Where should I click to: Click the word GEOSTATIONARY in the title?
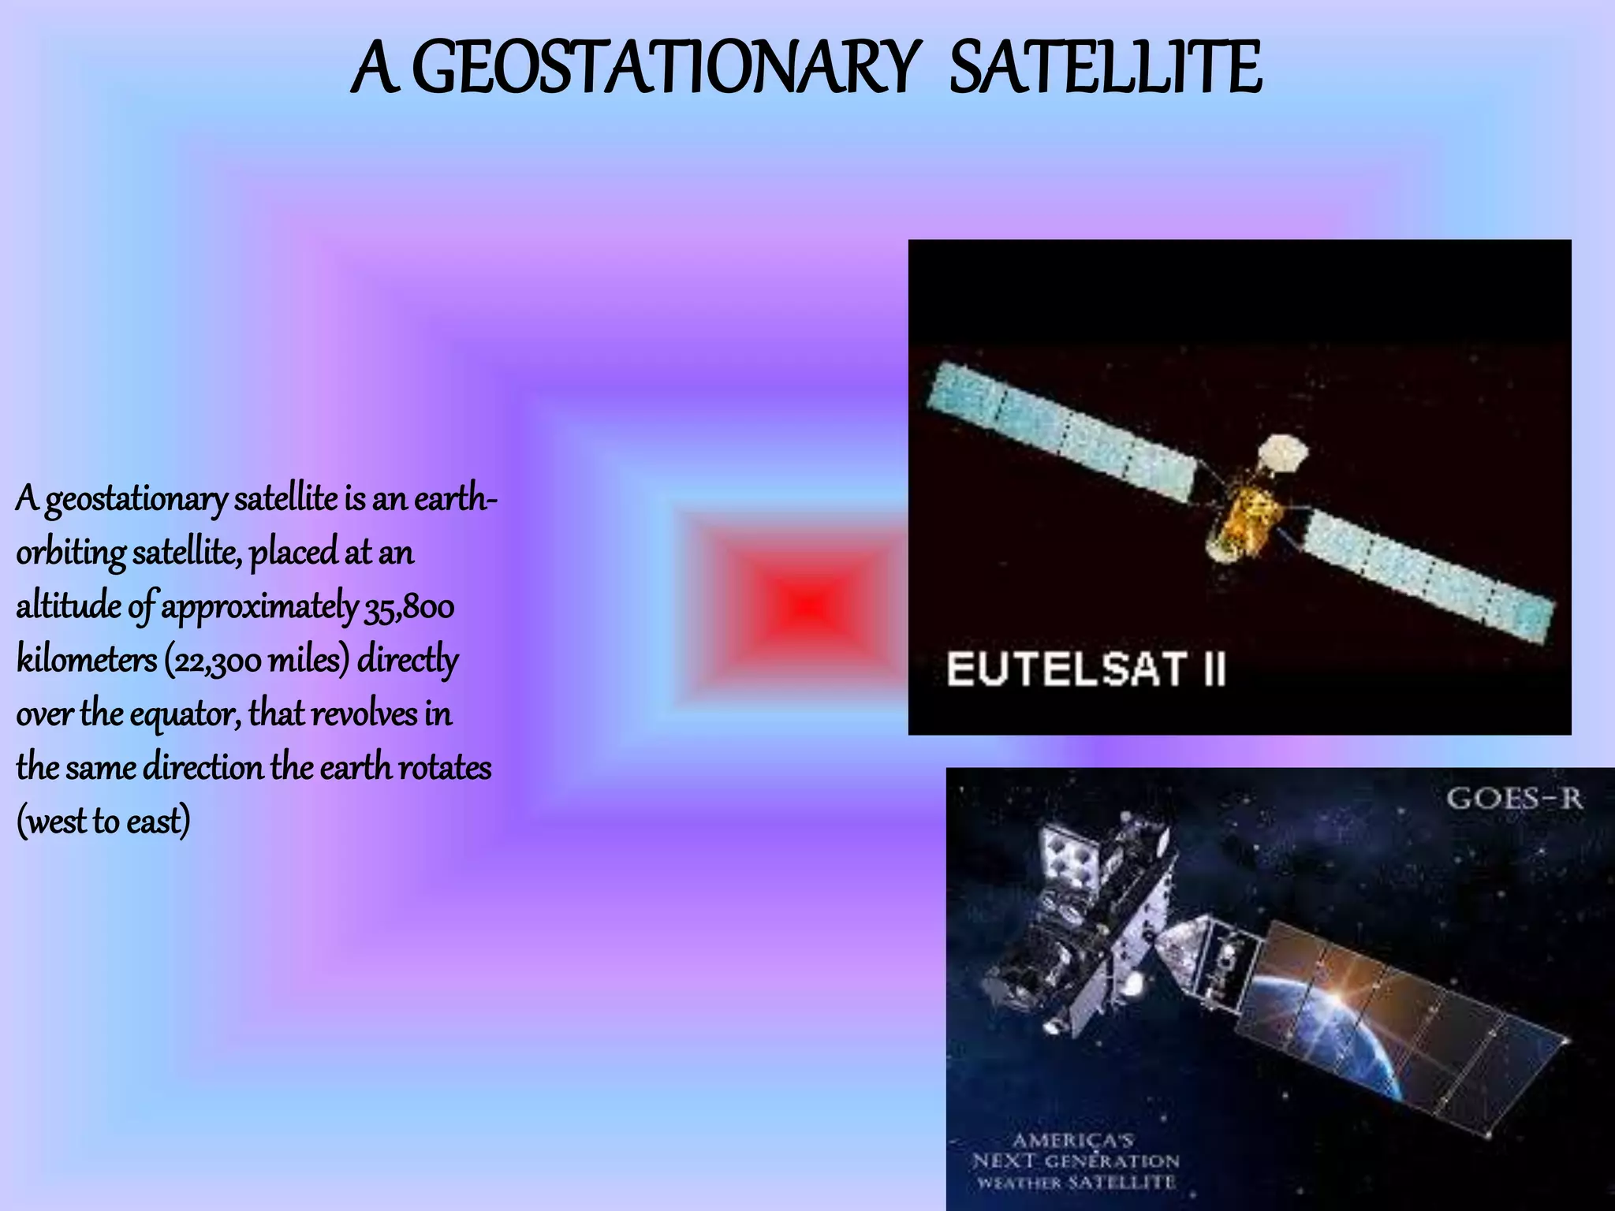point(662,69)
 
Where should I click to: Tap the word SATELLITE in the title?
point(1104,69)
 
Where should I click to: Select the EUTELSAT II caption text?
point(1086,670)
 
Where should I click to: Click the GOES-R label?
point(1514,799)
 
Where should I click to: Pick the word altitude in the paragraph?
point(69,607)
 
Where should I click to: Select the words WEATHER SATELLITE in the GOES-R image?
point(1076,1183)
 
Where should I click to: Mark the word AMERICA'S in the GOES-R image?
point(1072,1140)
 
